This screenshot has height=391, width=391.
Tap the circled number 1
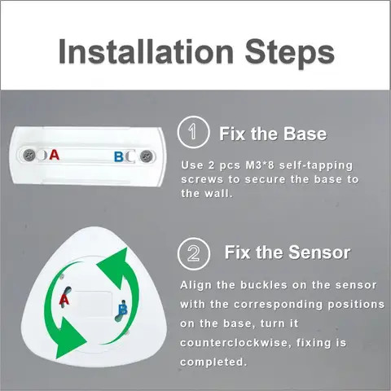pyautogui.click(x=193, y=133)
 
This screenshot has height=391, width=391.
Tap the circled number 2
pyautogui.click(x=193, y=253)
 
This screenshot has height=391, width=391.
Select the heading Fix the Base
pyautogui.click(x=272, y=133)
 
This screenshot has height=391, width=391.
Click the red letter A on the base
pyautogui.click(x=55, y=154)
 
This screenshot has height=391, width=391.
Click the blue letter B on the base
pyautogui.click(x=119, y=155)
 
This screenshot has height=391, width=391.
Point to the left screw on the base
pyautogui.click(x=29, y=153)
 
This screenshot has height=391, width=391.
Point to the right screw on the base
pyautogui.click(x=143, y=154)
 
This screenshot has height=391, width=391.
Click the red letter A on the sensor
pyautogui.click(x=64, y=300)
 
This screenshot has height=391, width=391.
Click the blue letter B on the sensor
pyautogui.click(x=122, y=310)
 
